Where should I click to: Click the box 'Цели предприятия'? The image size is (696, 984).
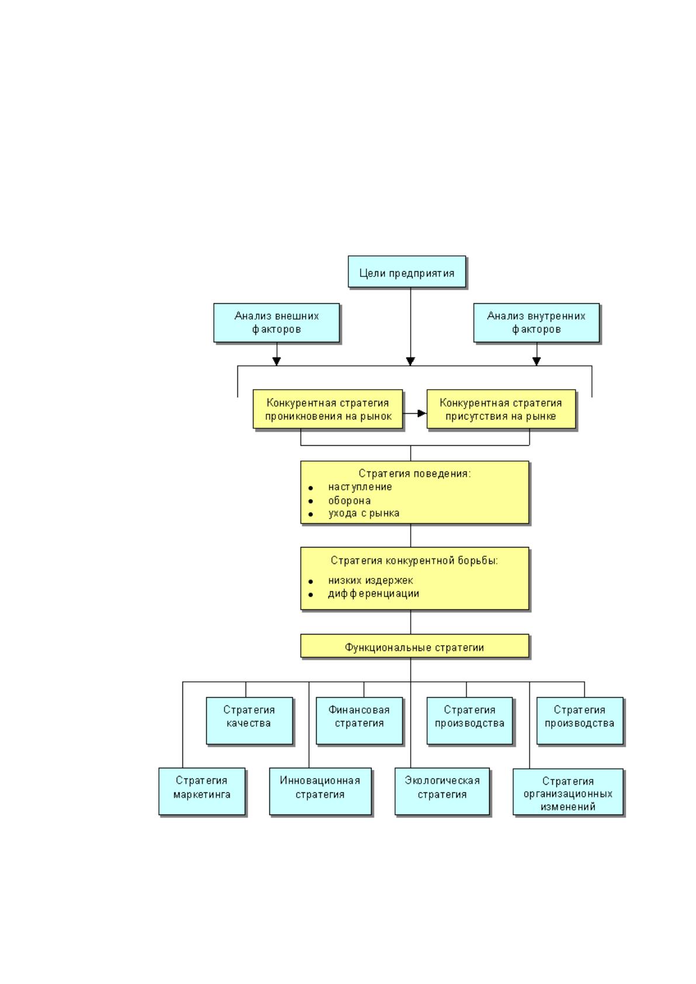pos(407,272)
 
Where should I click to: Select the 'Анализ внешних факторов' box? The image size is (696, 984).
pos(276,323)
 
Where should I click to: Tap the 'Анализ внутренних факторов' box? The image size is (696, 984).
pos(536,323)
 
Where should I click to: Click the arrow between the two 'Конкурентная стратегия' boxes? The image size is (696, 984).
pos(414,413)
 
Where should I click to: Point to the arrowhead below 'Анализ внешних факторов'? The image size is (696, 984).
pos(276,361)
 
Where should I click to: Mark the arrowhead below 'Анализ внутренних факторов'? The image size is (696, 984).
pos(536,361)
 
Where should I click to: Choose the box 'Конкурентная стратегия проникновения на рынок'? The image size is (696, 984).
pos(327,408)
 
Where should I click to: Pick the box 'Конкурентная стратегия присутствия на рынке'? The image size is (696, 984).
pos(501,408)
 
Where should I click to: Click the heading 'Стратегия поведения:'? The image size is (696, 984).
pos(414,473)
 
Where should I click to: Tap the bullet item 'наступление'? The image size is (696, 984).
pos(360,487)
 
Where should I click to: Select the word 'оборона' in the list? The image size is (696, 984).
pos(349,500)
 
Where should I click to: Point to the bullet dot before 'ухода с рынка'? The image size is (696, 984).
pos(311,514)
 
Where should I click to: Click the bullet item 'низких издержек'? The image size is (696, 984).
pos(370,580)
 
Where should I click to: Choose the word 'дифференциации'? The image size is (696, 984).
pos(373,594)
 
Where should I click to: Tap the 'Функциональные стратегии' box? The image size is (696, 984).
pos(414,646)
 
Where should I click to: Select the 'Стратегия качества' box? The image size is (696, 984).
pos(249,721)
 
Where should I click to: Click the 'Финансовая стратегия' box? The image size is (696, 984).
pos(359,721)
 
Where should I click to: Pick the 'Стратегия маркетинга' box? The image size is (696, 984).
pos(202,791)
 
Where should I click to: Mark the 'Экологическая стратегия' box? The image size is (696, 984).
pos(442,791)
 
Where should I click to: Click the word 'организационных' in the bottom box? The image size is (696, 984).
pos(567,794)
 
